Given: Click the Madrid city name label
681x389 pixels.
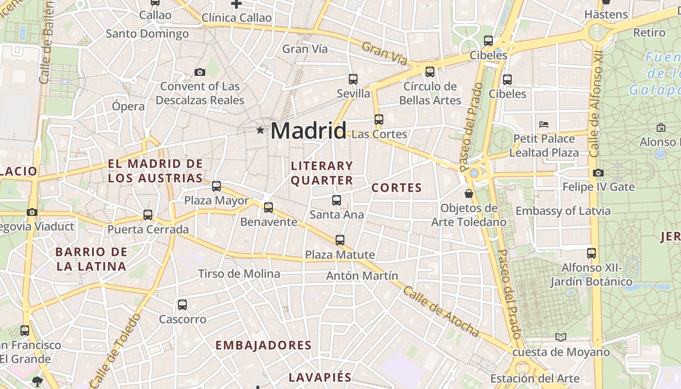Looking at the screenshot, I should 308,131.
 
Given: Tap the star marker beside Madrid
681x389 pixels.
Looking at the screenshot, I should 260,130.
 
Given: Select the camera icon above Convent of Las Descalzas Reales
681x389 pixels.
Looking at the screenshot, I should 199,72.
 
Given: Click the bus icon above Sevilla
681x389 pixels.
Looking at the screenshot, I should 353,79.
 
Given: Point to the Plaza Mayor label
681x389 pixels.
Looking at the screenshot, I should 216,200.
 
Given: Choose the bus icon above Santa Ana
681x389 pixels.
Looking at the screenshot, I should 336,200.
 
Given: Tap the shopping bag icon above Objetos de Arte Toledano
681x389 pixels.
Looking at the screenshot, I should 469,194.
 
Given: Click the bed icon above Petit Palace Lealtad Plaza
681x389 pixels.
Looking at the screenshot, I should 544,124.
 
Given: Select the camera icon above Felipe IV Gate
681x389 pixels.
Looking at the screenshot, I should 598,173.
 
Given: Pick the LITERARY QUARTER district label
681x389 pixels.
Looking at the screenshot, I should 322,173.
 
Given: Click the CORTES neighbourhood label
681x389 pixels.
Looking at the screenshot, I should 396,188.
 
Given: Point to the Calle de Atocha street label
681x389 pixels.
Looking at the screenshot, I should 441,312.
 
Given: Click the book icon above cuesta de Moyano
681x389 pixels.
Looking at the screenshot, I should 561,337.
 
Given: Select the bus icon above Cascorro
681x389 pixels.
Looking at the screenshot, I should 182,305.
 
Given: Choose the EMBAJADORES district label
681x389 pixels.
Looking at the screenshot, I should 263,345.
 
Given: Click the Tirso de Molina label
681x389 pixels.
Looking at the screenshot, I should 239,274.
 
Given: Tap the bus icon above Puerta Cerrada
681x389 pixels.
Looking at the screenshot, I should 148,214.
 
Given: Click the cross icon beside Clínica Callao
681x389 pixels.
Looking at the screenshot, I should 236,4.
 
